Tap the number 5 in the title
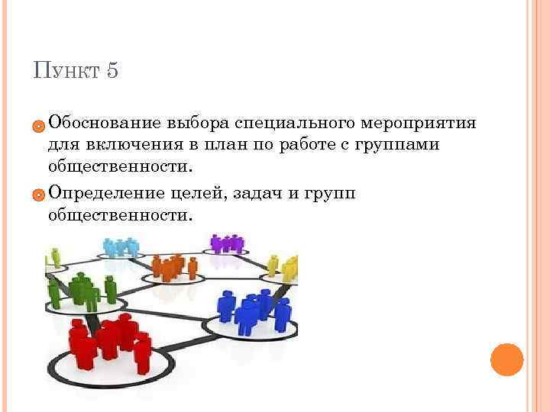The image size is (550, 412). [x=112, y=72]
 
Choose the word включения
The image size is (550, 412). [x=131, y=144]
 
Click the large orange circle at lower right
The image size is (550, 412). [x=506, y=359]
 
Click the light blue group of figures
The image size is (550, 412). [x=121, y=246]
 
